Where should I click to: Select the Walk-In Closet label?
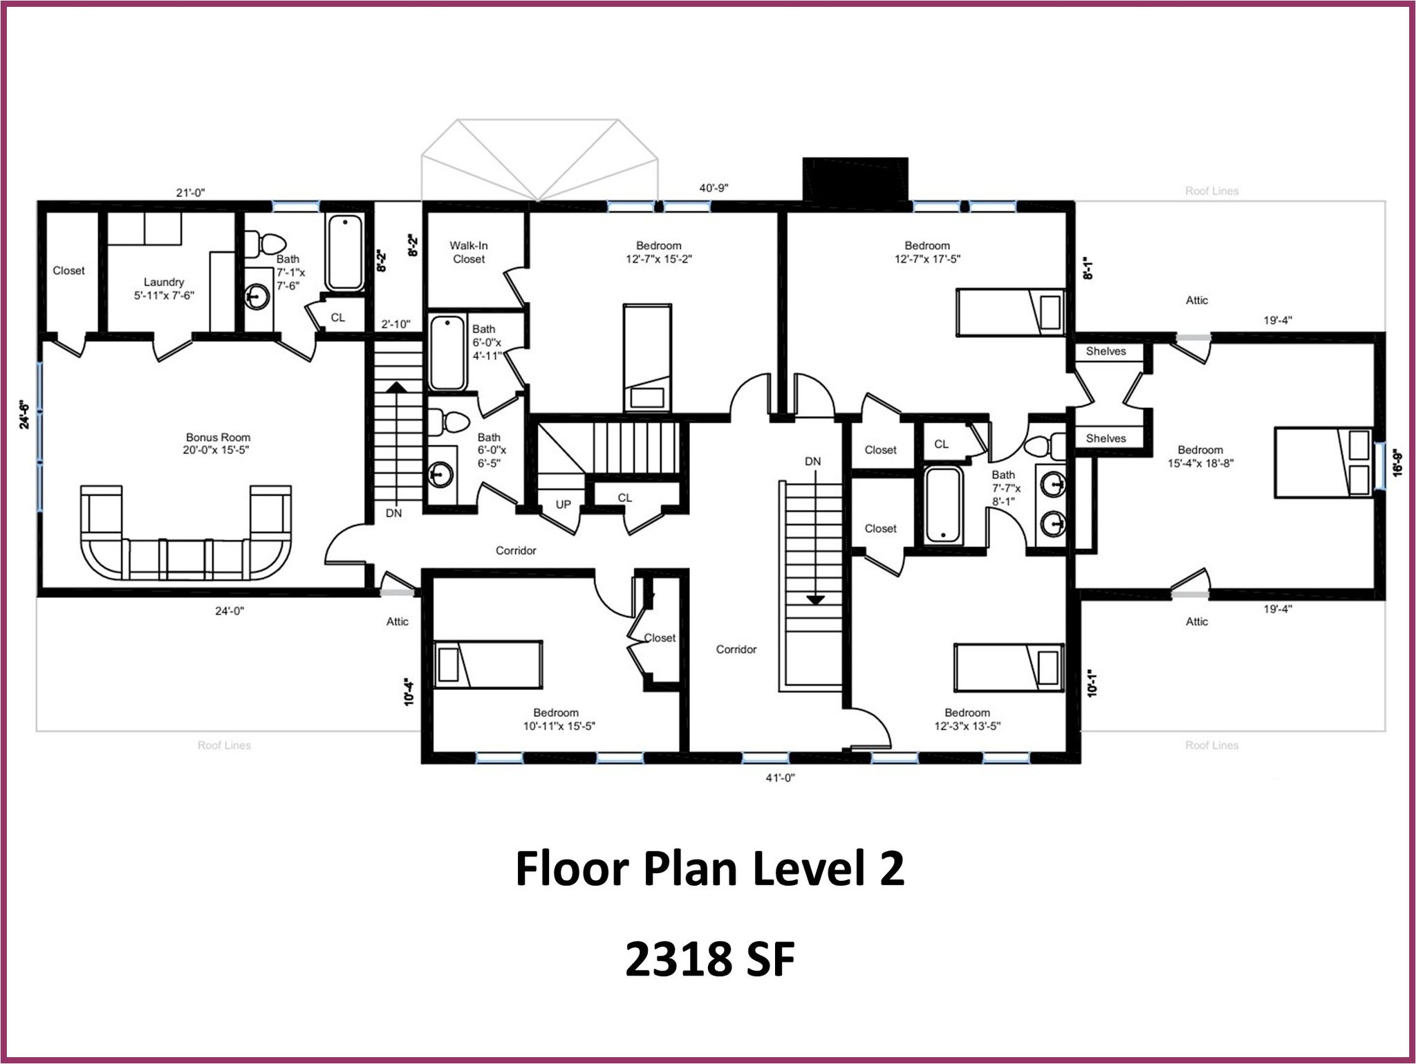point(469,252)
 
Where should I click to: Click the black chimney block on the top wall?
point(855,179)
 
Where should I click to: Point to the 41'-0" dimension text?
point(781,777)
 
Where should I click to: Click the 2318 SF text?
point(710,960)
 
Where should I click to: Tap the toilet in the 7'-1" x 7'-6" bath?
point(265,243)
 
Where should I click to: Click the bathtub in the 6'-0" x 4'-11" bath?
point(448,353)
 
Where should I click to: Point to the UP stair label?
point(563,504)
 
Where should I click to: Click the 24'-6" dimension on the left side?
point(25,415)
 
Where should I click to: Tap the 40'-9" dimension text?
point(714,187)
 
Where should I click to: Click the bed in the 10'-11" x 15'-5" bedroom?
point(487,664)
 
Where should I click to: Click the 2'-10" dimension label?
point(396,324)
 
